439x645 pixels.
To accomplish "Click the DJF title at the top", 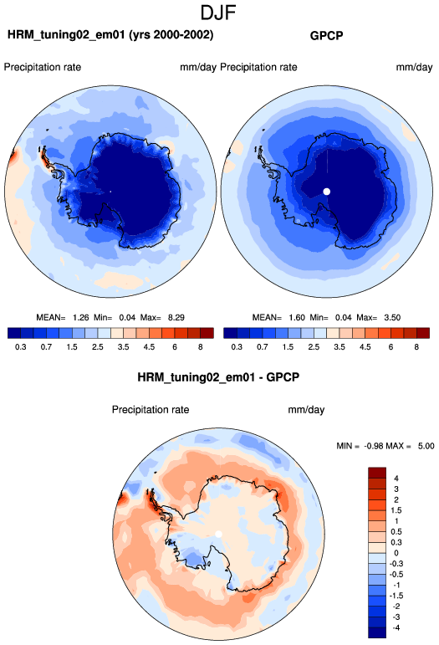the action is coord(218,13).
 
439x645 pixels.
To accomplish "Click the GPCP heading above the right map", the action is coord(326,36).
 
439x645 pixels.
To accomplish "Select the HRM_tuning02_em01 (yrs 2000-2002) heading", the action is coord(110,35).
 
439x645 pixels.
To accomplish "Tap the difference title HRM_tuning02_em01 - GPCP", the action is coord(218,377).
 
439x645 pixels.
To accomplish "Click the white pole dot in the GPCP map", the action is coord(327,192).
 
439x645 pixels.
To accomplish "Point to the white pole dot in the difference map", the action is coord(219,534).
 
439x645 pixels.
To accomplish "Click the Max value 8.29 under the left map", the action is coord(176,318).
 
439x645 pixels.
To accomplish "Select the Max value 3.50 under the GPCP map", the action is coord(392,318).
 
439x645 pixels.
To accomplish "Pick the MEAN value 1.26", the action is coord(80,318).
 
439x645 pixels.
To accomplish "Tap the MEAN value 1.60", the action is coord(297,318).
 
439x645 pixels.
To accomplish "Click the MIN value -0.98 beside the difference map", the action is coord(374,446).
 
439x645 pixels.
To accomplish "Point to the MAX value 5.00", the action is coord(426,446).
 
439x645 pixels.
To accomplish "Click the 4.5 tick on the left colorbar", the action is coord(149,347).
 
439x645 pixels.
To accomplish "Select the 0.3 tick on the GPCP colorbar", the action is coord(237,347).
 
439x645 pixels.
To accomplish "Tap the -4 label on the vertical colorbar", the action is coord(396,627).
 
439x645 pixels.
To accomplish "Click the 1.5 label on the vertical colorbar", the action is coord(396,510).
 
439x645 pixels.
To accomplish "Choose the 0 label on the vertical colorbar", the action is coord(396,553).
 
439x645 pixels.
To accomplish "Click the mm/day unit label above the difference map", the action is coord(306,410).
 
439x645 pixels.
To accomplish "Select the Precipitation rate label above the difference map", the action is coord(151,410).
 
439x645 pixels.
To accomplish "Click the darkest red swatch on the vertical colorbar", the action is coord(377,473).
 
